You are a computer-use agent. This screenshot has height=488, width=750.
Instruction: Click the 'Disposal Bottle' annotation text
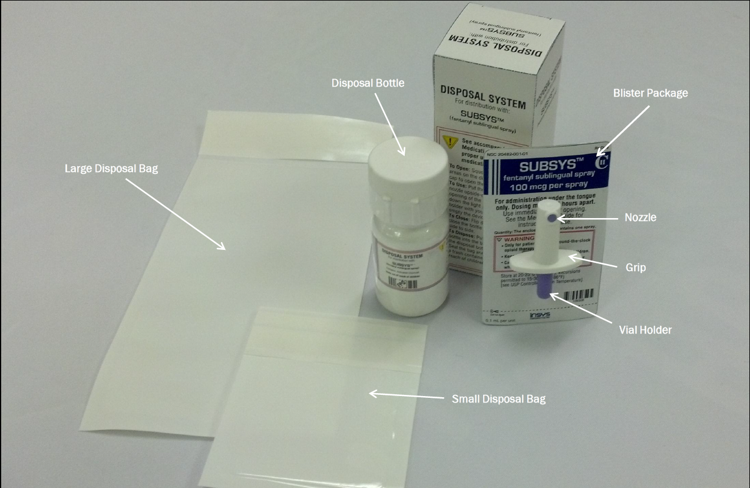368,83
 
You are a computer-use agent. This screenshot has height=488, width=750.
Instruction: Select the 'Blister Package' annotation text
650,93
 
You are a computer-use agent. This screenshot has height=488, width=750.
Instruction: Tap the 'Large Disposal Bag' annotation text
111,169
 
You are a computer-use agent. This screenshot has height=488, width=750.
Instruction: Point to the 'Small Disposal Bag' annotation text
498,399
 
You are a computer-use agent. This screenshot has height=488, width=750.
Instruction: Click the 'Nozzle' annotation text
640,217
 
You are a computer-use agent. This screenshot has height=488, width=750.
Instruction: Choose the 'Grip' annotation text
635,268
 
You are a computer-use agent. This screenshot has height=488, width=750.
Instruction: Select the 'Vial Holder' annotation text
645,330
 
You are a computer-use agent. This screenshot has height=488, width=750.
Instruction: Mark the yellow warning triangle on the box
450,142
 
